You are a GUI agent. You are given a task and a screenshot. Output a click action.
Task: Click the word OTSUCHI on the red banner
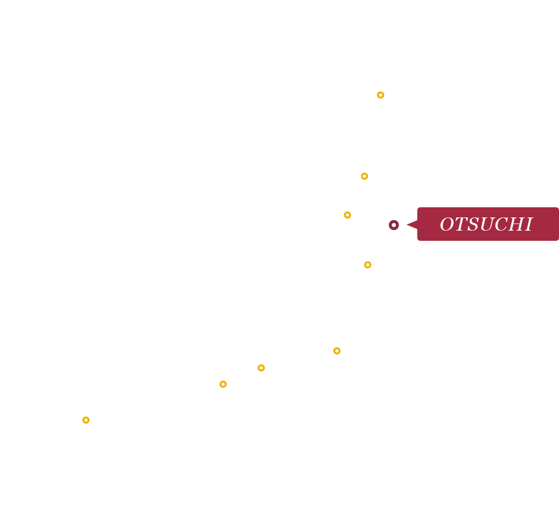(x=486, y=225)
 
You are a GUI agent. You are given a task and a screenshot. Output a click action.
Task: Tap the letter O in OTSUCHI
(x=446, y=225)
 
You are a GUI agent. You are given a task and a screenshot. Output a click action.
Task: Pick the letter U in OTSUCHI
(x=483, y=225)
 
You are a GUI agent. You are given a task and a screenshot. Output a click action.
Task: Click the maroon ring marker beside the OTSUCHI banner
(x=393, y=225)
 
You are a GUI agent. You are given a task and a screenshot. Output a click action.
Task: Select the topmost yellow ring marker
(x=364, y=176)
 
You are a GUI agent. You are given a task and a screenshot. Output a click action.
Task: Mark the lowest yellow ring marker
(x=367, y=265)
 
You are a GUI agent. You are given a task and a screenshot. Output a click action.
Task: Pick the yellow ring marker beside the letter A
(x=347, y=215)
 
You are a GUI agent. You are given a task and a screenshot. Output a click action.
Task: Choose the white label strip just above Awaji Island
(x=219, y=373)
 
